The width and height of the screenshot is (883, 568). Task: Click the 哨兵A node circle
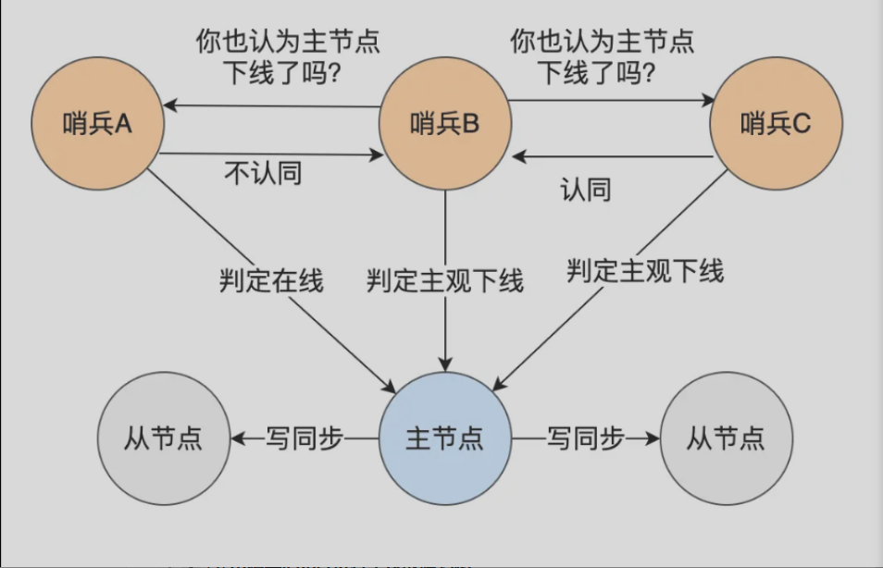pos(97,123)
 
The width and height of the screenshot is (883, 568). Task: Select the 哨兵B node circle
pos(445,123)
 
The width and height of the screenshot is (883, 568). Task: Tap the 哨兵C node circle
pos(776,123)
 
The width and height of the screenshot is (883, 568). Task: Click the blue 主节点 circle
pos(445,438)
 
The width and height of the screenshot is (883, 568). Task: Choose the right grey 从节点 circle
pos(726,438)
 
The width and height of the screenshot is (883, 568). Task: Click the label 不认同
pos(263,173)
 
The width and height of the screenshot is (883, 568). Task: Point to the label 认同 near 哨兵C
pos(585,190)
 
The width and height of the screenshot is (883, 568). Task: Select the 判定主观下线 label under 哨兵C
pos(645,271)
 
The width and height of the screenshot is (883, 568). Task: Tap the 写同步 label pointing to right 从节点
pos(585,438)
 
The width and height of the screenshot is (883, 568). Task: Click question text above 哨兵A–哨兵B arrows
pos(288,57)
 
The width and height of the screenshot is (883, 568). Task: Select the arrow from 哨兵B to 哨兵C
pos(611,99)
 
